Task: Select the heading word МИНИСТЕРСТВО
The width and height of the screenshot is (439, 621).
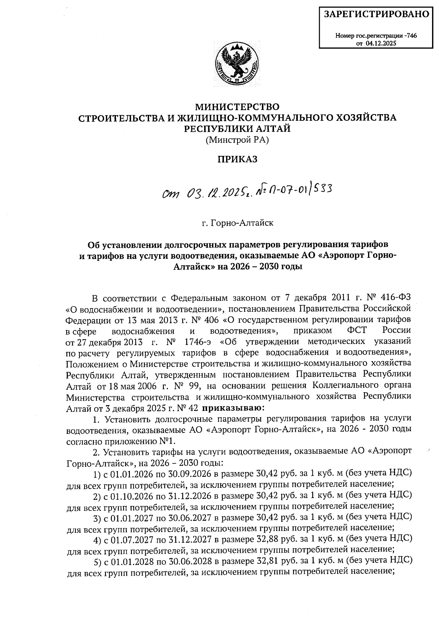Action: coord(237,107)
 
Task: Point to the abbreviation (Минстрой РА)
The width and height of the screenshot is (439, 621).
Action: coord(237,139)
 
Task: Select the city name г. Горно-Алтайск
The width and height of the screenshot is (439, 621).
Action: coord(237,223)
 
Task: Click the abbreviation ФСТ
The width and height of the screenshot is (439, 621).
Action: coord(358,330)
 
